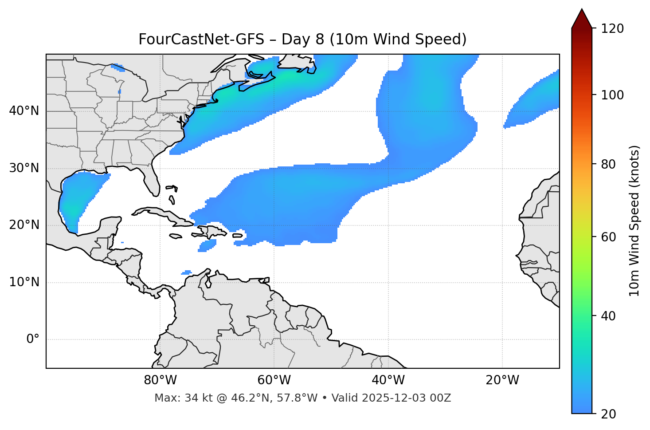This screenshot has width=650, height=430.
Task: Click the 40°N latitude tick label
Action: tap(24, 111)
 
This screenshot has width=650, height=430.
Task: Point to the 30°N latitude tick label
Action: tap(24, 168)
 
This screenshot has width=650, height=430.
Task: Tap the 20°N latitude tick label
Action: tap(24, 225)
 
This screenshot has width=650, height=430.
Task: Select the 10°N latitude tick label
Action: tap(24, 282)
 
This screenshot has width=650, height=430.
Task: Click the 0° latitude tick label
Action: tap(33, 339)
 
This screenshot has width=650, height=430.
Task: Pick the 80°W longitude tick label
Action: tap(160, 380)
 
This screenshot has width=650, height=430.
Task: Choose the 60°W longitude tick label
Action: tap(274, 380)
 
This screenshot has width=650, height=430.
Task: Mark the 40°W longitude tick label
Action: tap(388, 380)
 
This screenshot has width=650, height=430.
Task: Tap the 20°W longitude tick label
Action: tap(502, 380)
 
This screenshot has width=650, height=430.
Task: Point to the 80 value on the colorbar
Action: tap(608, 164)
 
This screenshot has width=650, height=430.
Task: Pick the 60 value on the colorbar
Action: tap(608, 237)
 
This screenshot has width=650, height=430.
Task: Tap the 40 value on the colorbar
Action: tap(608, 316)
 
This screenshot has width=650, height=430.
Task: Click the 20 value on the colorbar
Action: tap(608, 414)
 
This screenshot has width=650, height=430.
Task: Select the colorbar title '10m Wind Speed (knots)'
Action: tap(634, 221)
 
